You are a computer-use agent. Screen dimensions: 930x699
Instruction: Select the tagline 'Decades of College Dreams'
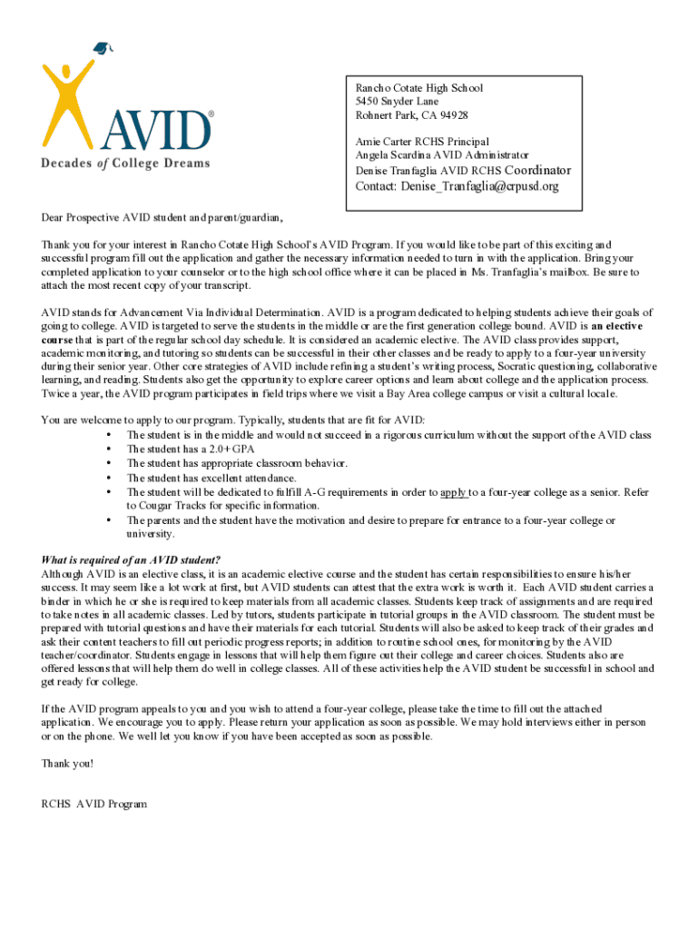click(x=125, y=163)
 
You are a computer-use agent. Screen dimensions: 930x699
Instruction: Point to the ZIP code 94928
click(x=450, y=115)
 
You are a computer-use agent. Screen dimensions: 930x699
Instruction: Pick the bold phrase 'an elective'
click(x=615, y=326)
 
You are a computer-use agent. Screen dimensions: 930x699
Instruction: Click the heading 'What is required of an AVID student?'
click(x=131, y=559)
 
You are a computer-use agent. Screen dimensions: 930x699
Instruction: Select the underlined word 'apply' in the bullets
click(x=454, y=492)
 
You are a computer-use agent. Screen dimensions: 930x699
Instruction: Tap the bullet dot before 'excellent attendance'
click(x=109, y=478)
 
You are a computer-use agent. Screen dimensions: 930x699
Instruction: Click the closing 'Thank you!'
click(x=67, y=763)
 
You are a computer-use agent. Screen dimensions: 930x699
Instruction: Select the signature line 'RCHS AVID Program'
click(x=94, y=804)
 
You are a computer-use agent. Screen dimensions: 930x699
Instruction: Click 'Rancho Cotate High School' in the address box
click(x=418, y=88)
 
